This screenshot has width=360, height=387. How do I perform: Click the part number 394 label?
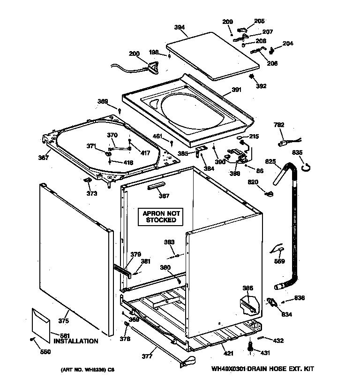(179, 28)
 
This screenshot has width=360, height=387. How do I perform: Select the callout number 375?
(63, 321)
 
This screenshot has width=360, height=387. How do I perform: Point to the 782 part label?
(279, 125)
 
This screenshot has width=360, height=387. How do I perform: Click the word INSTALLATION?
(75, 341)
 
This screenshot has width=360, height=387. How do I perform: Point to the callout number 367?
(44, 158)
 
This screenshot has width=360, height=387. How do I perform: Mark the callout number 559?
(279, 261)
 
